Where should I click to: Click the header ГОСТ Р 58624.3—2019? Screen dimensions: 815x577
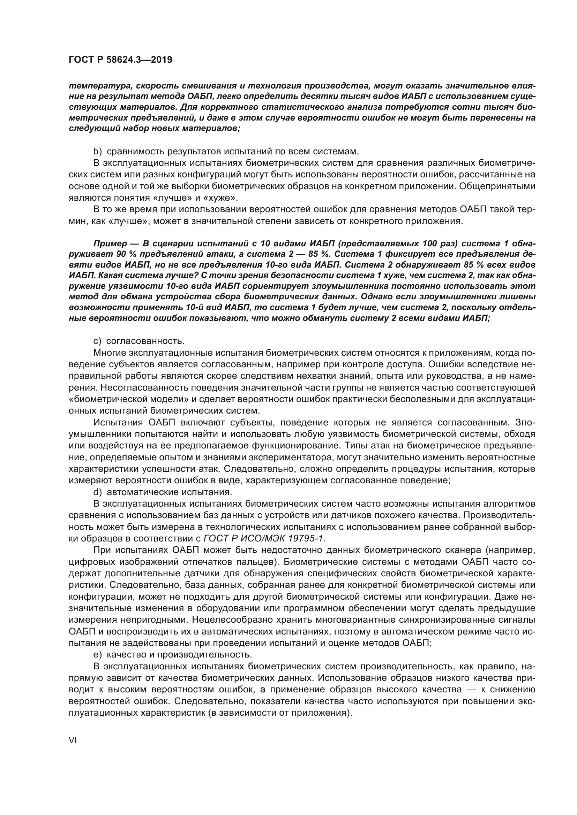click(x=120, y=60)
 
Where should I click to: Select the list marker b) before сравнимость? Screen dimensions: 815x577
click(x=98, y=152)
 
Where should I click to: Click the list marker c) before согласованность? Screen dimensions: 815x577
click(x=97, y=341)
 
